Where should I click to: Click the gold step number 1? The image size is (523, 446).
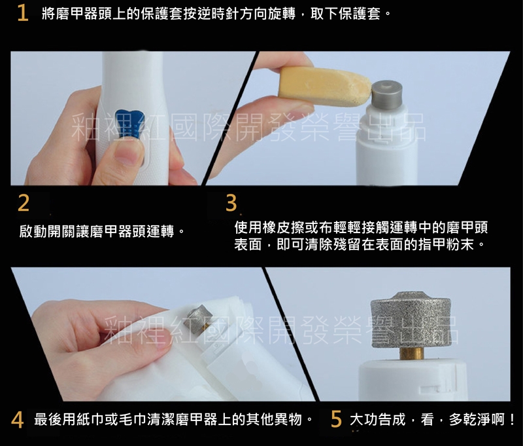point(23,13)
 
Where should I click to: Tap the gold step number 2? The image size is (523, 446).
point(24,203)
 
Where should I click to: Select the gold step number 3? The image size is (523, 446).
point(231,203)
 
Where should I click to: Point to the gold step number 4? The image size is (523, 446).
point(17,420)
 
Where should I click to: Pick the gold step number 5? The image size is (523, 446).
point(336,419)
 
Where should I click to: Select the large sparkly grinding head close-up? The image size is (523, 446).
point(411,319)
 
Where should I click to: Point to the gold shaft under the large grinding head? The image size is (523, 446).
point(412,353)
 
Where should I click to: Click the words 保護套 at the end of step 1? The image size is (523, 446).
point(360,14)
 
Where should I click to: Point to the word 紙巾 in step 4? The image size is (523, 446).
point(90,420)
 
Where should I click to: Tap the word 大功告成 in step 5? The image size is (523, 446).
point(378,420)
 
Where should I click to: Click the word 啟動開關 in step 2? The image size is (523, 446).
point(47,231)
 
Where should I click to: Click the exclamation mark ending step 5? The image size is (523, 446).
point(513,420)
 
